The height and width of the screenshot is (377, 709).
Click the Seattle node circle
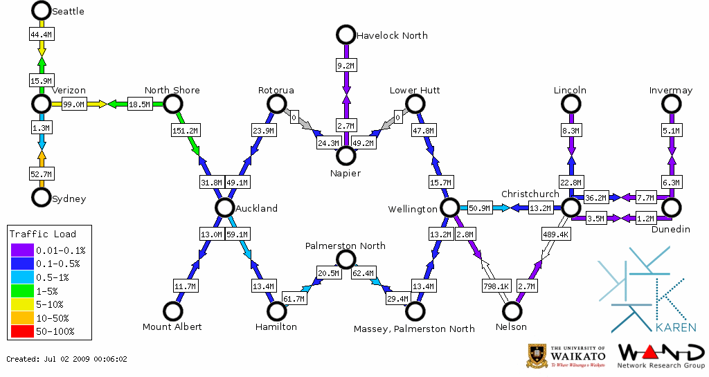pyautogui.click(x=42, y=10)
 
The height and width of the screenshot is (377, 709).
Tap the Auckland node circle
pyautogui.click(x=224, y=208)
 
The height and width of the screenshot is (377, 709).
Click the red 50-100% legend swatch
pyautogui.click(x=21, y=332)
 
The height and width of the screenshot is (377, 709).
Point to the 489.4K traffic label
pyautogui.click(x=555, y=235)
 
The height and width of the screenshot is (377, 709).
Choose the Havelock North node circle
pyautogui.click(x=345, y=35)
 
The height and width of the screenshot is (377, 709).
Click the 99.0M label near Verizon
pyautogui.click(x=73, y=104)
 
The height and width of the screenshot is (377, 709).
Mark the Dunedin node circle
pyautogui.click(x=671, y=208)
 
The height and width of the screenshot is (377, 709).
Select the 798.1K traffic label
pyautogui.click(x=496, y=285)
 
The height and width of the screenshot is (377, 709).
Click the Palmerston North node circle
pyautogui.click(x=345, y=259)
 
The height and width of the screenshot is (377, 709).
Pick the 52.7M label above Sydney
pyautogui.click(x=42, y=174)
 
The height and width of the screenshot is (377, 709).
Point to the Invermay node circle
pyautogui.click(x=671, y=104)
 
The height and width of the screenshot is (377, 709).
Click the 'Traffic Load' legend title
pyautogui.click(x=43, y=234)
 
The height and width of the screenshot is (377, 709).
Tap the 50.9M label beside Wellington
pyautogui.click(x=478, y=208)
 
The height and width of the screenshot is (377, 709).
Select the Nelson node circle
pyautogui.click(x=512, y=311)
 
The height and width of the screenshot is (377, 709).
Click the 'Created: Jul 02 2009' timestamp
pyautogui.click(x=66, y=359)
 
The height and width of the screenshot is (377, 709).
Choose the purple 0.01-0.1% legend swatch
pyautogui.click(x=21, y=250)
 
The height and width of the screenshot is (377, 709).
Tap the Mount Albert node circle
pyautogui.click(x=172, y=311)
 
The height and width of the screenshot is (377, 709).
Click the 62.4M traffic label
pyautogui.click(x=363, y=273)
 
